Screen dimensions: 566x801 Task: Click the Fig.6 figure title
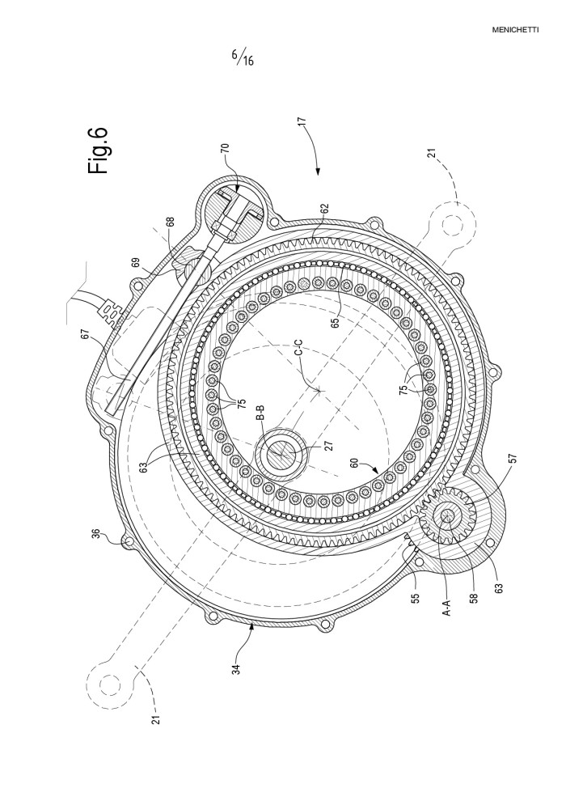[x=98, y=150]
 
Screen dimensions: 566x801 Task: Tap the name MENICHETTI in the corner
[x=515, y=30]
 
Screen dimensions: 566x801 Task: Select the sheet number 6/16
[x=243, y=57]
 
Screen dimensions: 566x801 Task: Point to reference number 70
[x=225, y=148]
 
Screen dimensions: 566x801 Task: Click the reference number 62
[x=324, y=210]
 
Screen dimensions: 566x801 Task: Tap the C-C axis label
[x=300, y=353]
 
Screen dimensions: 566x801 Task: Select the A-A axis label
[x=446, y=606]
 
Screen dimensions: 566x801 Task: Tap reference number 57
[x=513, y=458]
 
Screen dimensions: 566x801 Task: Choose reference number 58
[x=474, y=598]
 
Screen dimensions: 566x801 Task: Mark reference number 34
[x=236, y=668]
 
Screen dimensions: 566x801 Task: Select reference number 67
[x=85, y=333]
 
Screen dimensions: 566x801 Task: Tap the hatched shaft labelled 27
[x=282, y=452]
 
